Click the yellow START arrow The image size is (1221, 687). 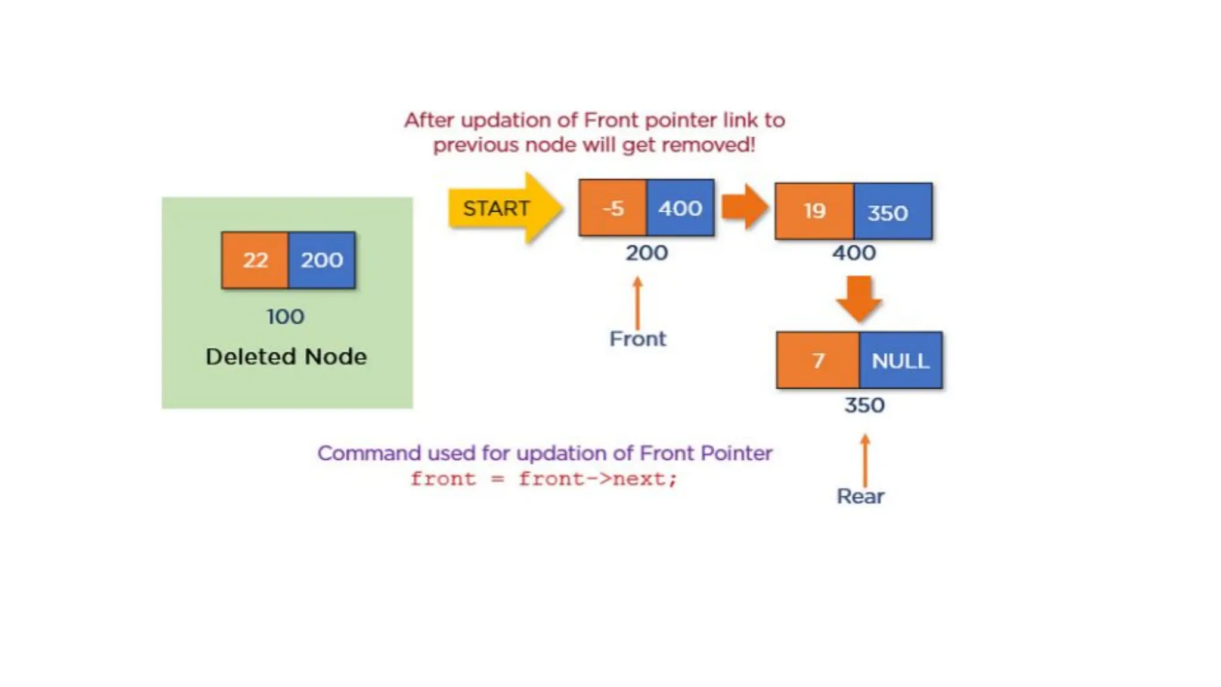coord(504,208)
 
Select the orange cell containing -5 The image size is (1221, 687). coord(612,208)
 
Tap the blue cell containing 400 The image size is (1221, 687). coord(680,208)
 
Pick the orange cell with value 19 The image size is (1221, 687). coord(814,211)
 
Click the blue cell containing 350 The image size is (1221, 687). coord(892,212)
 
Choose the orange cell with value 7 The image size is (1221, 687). coord(818,360)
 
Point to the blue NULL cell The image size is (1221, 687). coord(900,360)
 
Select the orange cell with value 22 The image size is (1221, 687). coord(255,260)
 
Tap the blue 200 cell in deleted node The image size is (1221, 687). coord(321,260)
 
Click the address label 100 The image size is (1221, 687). coord(286,317)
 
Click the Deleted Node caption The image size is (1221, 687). coord(286,357)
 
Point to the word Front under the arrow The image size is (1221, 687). coord(637,339)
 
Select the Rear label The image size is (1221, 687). coord(860,496)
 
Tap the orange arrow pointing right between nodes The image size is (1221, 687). coord(744,207)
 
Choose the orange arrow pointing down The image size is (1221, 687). coord(859,298)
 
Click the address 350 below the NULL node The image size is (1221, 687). coord(864,406)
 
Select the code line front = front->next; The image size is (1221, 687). coord(544,479)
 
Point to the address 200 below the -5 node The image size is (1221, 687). coord(647,253)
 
